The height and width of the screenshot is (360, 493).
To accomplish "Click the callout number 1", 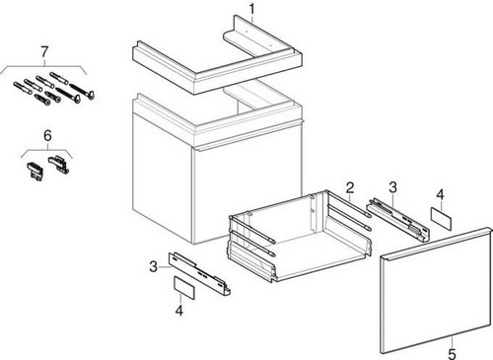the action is [251, 9].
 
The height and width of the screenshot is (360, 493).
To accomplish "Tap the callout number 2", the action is [350, 187].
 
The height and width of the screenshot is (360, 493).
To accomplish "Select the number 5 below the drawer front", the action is [452, 354].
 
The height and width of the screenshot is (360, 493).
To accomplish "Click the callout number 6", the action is [47, 135].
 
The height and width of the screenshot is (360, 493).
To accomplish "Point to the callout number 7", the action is [44, 51].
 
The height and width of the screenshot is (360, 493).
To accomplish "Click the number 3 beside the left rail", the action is [153, 266].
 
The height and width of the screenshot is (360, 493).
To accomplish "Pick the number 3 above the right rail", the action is [392, 187].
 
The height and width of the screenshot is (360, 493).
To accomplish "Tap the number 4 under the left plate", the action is [179, 310].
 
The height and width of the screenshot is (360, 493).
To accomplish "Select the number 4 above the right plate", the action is [440, 194].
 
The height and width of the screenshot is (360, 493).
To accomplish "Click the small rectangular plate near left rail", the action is [184, 288].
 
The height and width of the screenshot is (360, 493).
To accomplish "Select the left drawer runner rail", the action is [199, 273].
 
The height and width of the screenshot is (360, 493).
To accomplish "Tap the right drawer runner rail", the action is [398, 220].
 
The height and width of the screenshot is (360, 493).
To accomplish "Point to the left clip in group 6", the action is [35, 171].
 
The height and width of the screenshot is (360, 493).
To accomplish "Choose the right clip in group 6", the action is [59, 165].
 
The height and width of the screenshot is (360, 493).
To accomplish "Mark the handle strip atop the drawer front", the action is [436, 243].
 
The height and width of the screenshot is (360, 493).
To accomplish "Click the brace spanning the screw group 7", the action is [44, 67].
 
